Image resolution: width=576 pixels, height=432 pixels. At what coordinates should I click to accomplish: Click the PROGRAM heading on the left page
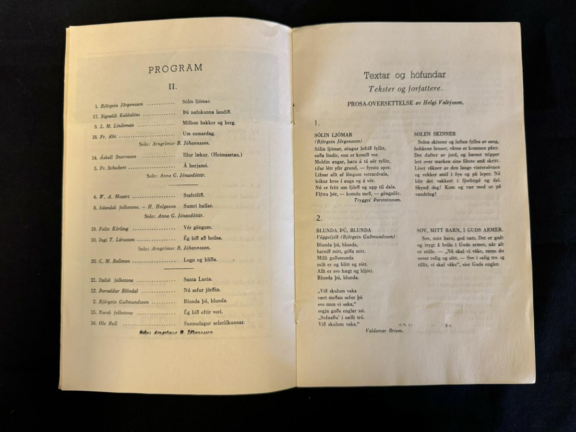click(175, 68)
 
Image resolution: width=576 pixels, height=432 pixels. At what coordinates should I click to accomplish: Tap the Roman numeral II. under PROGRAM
click(172, 87)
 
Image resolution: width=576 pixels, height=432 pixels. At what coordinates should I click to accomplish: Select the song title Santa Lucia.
click(198, 279)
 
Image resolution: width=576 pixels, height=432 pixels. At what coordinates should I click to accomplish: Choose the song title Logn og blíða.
click(200, 260)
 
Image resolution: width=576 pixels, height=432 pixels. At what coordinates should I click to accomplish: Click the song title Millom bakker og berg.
click(209, 123)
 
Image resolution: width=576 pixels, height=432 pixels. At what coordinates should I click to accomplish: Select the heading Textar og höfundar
click(404, 75)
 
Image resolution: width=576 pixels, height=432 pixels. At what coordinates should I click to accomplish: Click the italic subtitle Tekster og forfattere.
click(405, 89)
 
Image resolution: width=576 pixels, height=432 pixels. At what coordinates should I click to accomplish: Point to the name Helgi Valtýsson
click(444, 103)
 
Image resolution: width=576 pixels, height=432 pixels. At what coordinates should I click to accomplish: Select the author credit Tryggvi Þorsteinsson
click(378, 200)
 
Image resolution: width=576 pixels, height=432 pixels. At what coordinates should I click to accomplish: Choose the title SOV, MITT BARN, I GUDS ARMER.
click(459, 230)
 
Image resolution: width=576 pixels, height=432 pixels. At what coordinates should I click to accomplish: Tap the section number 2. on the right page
click(319, 218)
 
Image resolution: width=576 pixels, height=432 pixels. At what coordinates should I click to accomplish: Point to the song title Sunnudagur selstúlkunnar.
click(214, 323)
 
